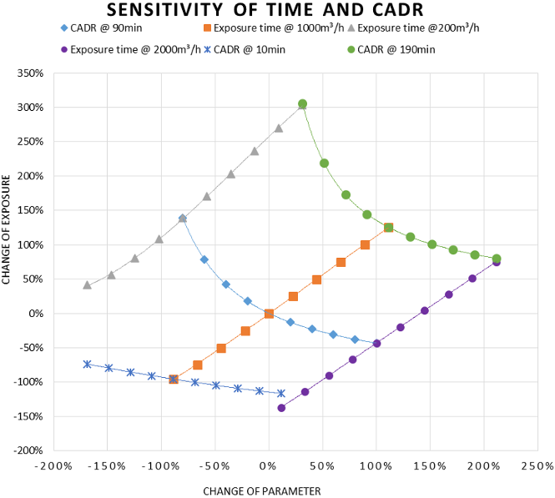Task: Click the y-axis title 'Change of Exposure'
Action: [8, 229]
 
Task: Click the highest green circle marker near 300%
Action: [302, 104]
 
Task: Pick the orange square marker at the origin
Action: [269, 314]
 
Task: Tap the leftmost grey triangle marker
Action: [87, 285]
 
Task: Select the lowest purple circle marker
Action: [281, 408]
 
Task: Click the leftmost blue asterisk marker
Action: [87, 365]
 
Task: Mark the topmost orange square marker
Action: [388, 228]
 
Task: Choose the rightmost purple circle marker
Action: [497, 261]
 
